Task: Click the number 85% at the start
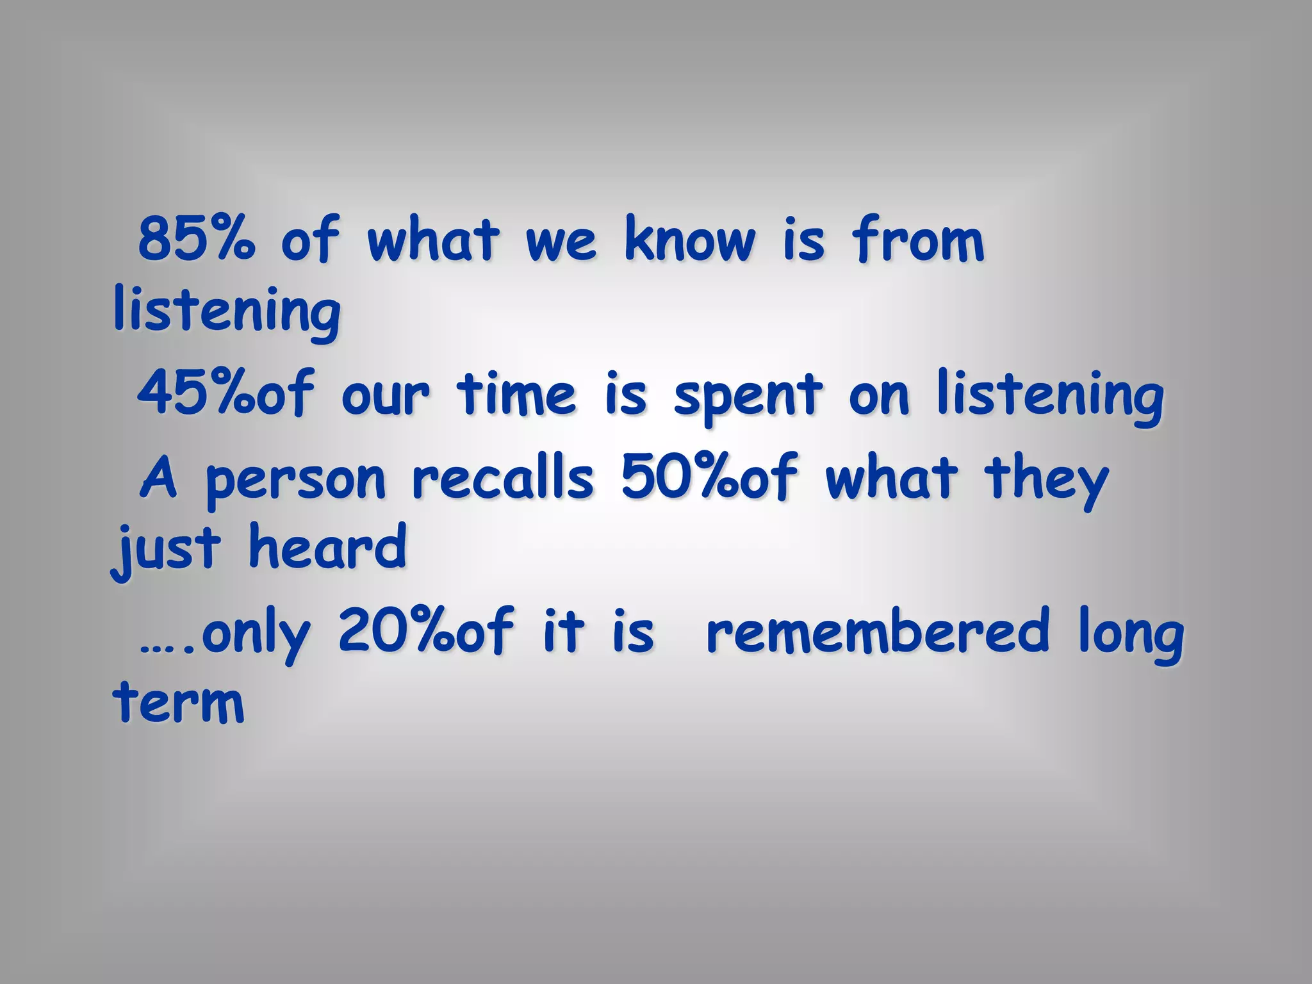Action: [196, 238]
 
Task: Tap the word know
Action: [689, 238]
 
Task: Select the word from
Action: [917, 238]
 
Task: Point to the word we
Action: [561, 242]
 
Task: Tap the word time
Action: [516, 393]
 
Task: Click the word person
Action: [296, 480]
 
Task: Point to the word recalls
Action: [503, 477]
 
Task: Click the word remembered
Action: [878, 631]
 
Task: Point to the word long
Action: [1131, 634]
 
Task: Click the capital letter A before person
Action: [158, 477]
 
